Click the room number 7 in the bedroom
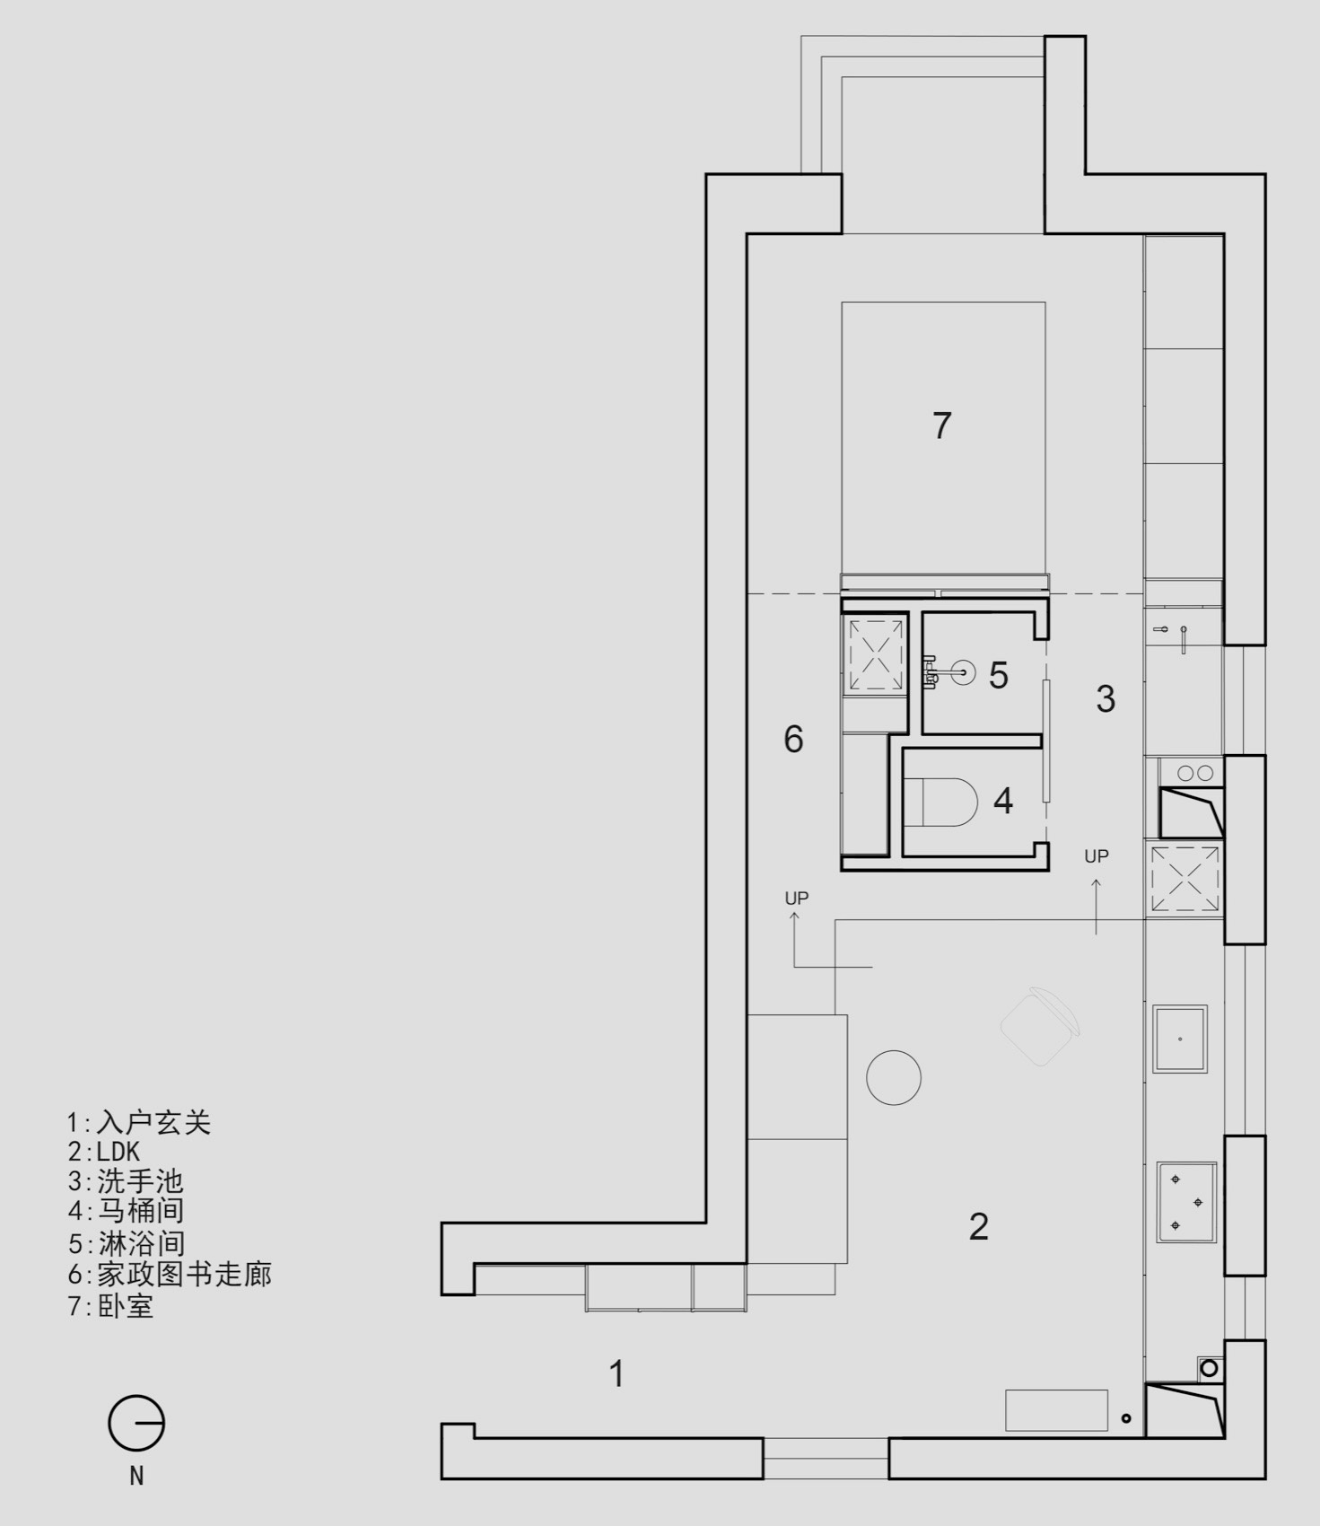pyautogui.click(x=941, y=425)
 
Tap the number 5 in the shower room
pyautogui.click(x=998, y=675)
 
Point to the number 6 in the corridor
pyautogui.click(x=793, y=739)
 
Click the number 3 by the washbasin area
pyautogui.click(x=1106, y=698)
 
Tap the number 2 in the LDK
pyautogui.click(x=979, y=1226)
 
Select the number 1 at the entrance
pyautogui.click(x=616, y=1374)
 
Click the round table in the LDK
pyautogui.click(x=894, y=1077)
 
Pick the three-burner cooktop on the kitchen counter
pyautogui.click(x=1186, y=1202)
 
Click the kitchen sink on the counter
pyautogui.click(x=1180, y=1039)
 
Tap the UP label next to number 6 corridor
pyautogui.click(x=797, y=898)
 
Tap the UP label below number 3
pyautogui.click(x=1097, y=856)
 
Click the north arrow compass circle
pyautogui.click(x=136, y=1424)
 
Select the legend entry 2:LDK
pyautogui.click(x=104, y=1152)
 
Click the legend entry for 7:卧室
pyautogui.click(x=110, y=1305)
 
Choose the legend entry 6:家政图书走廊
pyautogui.click(x=170, y=1274)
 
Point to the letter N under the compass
pyautogui.click(x=136, y=1476)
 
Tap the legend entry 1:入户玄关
pyautogui.click(x=139, y=1122)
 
